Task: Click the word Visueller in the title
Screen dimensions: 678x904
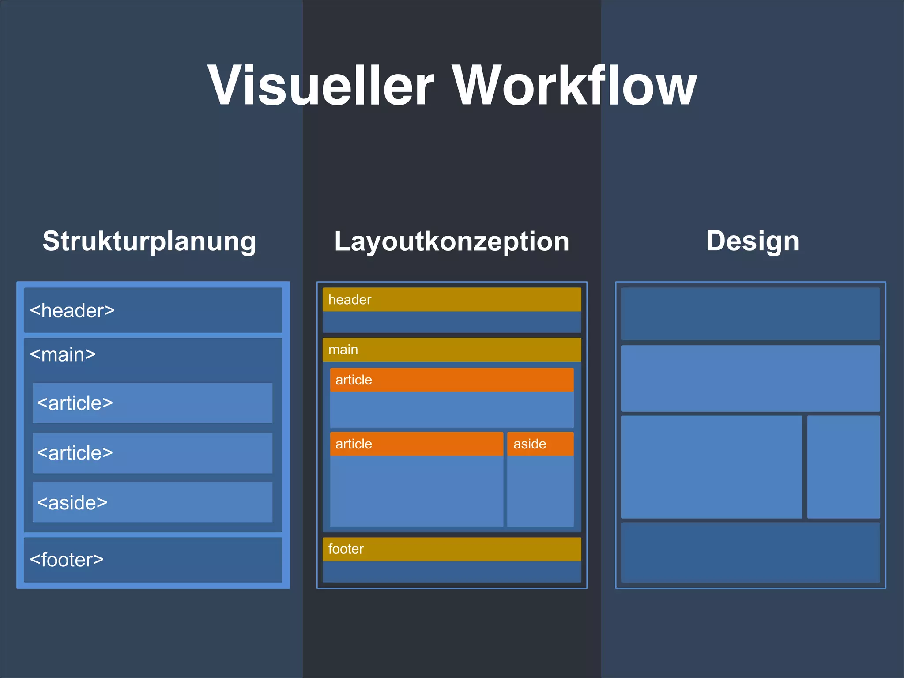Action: (x=321, y=85)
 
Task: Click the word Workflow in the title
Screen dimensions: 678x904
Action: (x=575, y=85)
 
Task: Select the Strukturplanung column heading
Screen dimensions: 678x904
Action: (x=149, y=241)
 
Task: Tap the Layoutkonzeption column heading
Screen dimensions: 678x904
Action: (x=452, y=241)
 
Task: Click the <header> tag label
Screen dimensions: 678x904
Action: (x=72, y=310)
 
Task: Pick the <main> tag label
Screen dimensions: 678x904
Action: (x=63, y=354)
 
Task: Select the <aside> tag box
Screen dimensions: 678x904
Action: (x=152, y=502)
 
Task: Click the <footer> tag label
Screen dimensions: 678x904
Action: (x=67, y=560)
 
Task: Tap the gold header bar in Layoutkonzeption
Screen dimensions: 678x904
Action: (x=452, y=300)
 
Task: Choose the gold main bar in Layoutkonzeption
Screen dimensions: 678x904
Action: (x=452, y=350)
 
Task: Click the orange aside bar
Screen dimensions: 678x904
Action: (x=540, y=444)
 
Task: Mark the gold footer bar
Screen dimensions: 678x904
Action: (x=452, y=549)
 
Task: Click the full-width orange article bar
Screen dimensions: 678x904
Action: (x=452, y=380)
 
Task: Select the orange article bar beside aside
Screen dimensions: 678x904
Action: (x=416, y=444)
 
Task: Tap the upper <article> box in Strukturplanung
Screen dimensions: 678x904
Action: (x=152, y=403)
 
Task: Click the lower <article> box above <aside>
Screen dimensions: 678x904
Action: (x=152, y=453)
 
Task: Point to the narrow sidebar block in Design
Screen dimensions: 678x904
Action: (x=843, y=467)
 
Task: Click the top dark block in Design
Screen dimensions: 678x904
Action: (x=750, y=314)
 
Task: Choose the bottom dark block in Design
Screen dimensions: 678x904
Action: (x=750, y=552)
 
